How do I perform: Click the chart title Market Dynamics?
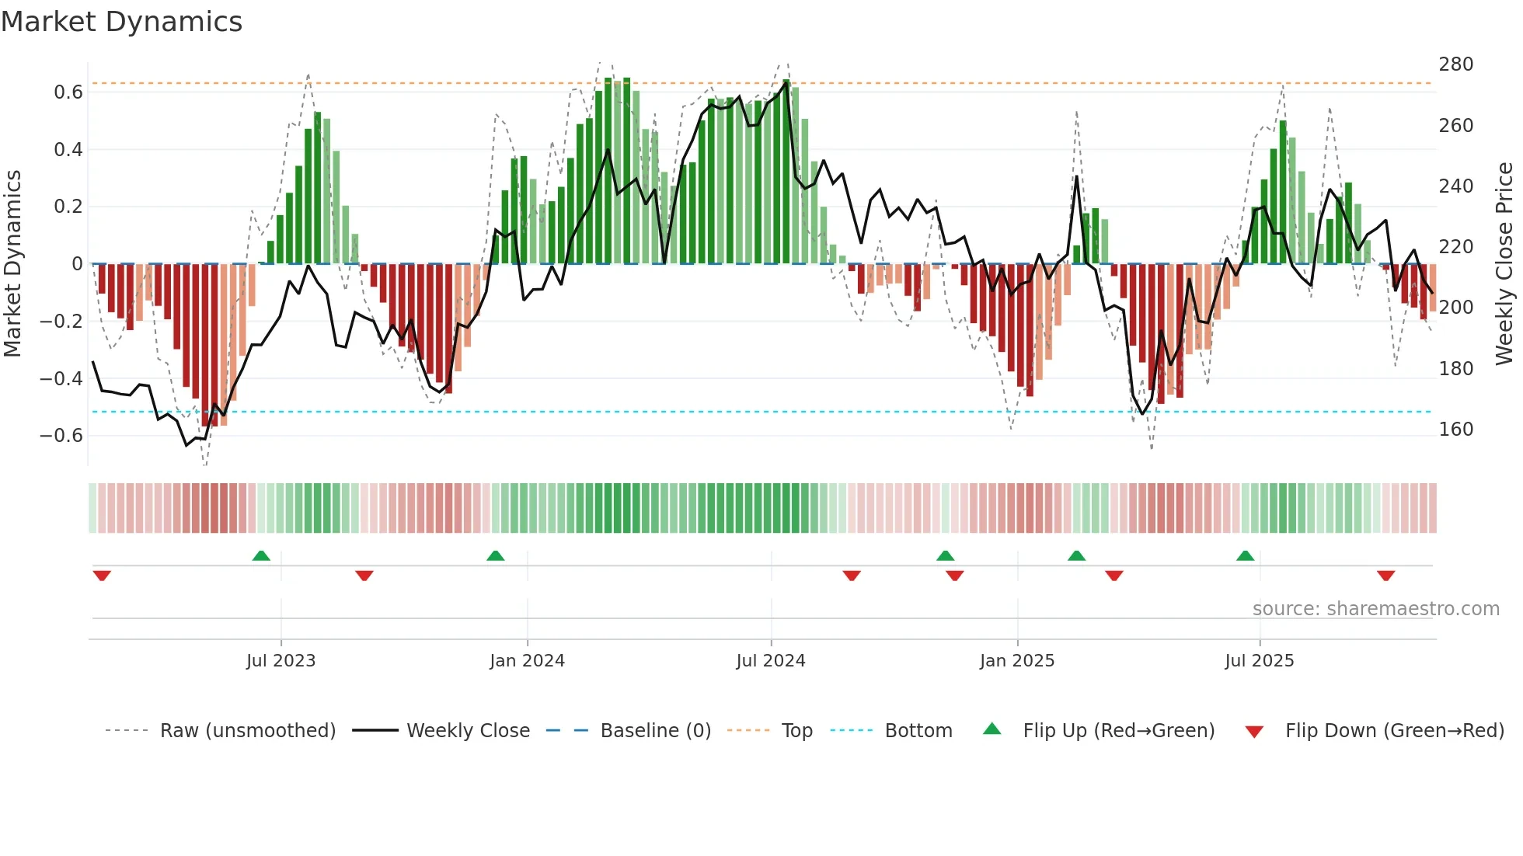point(122,22)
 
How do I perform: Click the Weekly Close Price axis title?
point(1504,263)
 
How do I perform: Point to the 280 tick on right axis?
point(1455,64)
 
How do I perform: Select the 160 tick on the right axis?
point(1455,430)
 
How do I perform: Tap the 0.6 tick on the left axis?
point(68,92)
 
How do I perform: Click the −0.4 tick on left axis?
point(61,378)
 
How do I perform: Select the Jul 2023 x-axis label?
point(281,661)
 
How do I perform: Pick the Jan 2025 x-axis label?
point(1016,661)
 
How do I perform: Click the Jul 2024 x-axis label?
point(770,661)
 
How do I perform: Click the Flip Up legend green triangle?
point(992,729)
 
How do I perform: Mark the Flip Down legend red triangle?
point(1254,732)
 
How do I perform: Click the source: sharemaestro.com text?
point(1375,609)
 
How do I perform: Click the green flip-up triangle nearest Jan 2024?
point(495,555)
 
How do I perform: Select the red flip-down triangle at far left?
point(102,576)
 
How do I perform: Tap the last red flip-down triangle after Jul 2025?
point(1385,576)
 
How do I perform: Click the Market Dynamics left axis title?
point(13,263)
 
